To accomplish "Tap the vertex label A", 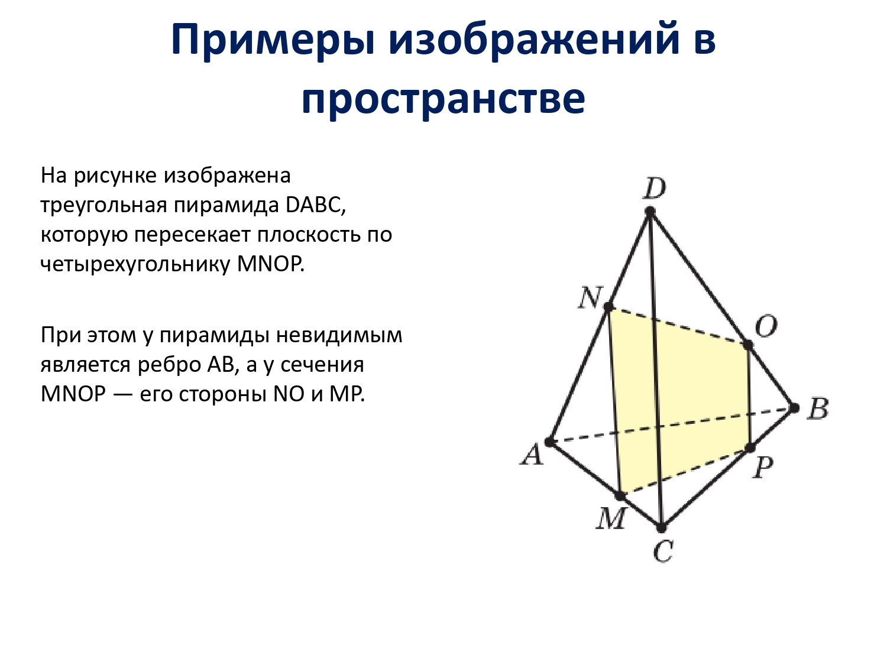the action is tap(532, 454).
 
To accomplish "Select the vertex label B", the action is tap(817, 409).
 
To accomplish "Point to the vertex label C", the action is tap(663, 551).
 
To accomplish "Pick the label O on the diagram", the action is tap(766, 326).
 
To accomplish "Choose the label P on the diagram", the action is tap(762, 468).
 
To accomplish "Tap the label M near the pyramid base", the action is tap(611, 518).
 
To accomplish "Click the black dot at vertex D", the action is tap(650, 211).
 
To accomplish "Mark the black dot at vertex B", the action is tap(794, 408).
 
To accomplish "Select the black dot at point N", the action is tap(608, 307).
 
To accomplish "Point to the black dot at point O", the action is tap(748, 345).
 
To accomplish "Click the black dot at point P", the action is tap(750, 447).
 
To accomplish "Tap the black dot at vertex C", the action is tap(661, 527).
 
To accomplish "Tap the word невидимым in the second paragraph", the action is tap(339, 336).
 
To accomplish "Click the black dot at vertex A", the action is tap(549, 442).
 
